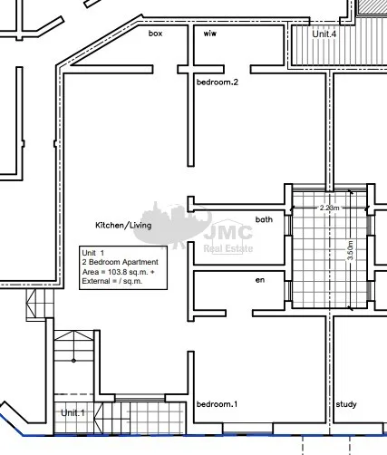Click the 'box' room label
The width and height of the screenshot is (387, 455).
[155, 34]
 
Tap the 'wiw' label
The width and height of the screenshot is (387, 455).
[210, 34]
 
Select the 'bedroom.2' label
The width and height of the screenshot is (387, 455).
[218, 82]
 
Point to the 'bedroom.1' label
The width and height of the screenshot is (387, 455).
[217, 404]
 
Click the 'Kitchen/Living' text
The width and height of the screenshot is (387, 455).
[123, 225]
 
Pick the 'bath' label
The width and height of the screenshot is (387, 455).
[264, 219]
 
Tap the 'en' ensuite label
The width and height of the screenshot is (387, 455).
[260, 280]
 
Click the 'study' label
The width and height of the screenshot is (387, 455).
[346, 404]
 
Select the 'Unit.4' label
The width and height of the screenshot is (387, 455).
[324, 34]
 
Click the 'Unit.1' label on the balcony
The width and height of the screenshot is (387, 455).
[73, 412]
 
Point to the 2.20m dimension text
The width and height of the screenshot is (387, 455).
[329, 208]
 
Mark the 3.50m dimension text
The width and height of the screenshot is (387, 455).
[350, 250]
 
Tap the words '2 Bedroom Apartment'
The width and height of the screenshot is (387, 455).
[120, 262]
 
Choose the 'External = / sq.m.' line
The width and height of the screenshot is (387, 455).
[112, 281]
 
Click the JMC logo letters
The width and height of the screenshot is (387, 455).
[228, 233]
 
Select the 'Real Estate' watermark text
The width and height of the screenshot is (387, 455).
[228, 248]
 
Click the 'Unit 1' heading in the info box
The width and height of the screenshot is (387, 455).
[93, 253]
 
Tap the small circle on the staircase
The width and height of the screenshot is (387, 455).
[73, 361]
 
